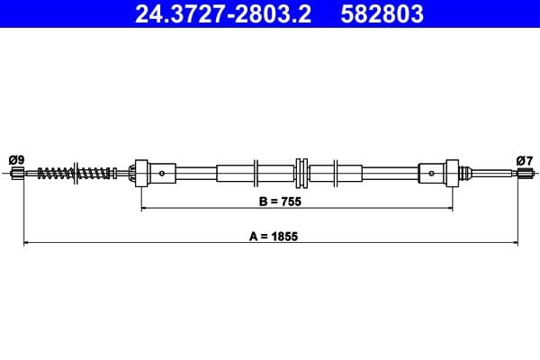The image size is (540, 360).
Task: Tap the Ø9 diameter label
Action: pos(16,159)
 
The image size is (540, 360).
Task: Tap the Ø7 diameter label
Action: pos(525,159)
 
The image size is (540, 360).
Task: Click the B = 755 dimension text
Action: pos(278,202)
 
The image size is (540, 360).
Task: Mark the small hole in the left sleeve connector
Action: pos(161,173)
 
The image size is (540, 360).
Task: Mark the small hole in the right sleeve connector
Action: pos(431,173)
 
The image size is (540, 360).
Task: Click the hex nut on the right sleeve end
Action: pos(454,173)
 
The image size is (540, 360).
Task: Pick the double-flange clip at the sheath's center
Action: pos(301,173)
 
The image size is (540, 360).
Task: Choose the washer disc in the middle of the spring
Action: pos(77,173)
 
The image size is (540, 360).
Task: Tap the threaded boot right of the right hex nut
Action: pos(466,173)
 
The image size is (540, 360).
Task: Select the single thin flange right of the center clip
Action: pos(335,173)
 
